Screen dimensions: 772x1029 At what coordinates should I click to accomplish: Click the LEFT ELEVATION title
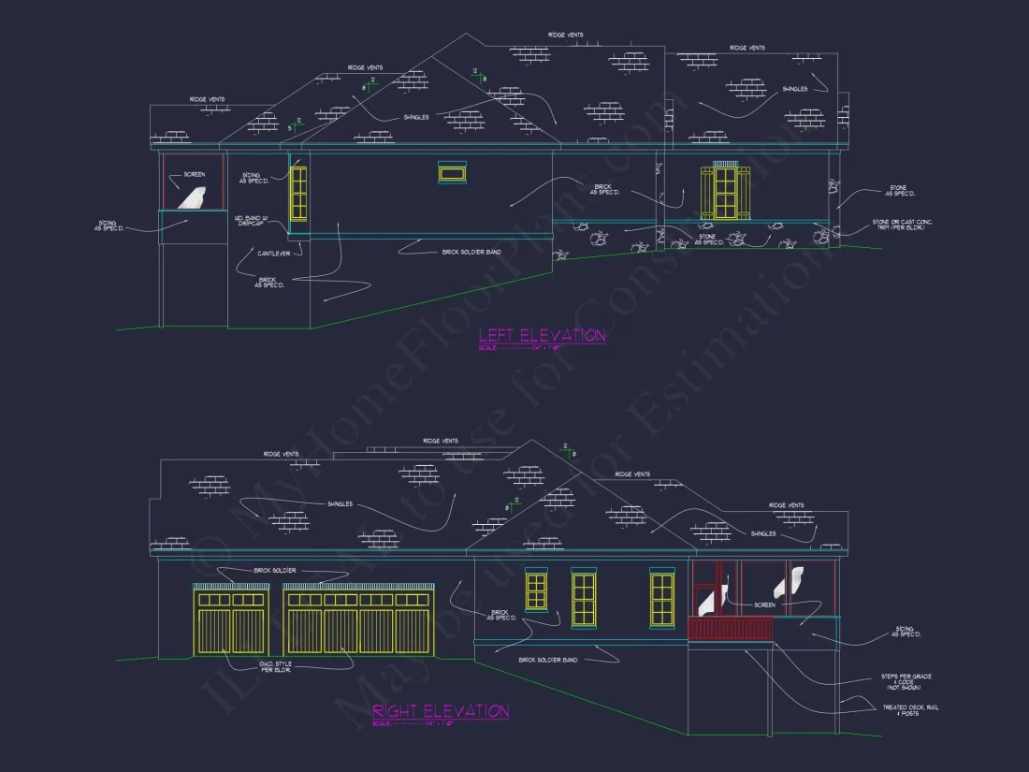[x=542, y=335]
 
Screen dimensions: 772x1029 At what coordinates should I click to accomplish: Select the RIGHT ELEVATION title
[x=441, y=711]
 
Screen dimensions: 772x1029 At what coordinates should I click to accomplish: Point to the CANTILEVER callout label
[x=273, y=253]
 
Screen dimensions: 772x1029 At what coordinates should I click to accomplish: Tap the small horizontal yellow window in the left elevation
[x=452, y=172]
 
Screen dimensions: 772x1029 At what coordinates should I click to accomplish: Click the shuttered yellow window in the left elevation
[x=725, y=193]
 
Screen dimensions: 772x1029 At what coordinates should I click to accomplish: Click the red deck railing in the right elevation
[x=731, y=628]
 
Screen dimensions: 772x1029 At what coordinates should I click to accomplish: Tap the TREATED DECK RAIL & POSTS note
[x=906, y=710]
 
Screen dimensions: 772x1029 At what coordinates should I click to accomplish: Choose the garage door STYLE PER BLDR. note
[x=274, y=666]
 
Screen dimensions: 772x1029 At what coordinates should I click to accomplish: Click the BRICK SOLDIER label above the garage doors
[x=274, y=570]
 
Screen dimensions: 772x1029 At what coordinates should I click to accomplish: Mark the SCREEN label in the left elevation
[x=195, y=174]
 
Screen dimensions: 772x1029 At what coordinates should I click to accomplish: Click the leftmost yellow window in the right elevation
[x=536, y=590]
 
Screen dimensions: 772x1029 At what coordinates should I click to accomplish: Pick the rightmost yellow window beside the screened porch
[x=661, y=599]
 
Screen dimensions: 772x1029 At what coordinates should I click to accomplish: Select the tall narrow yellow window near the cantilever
[x=298, y=194]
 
